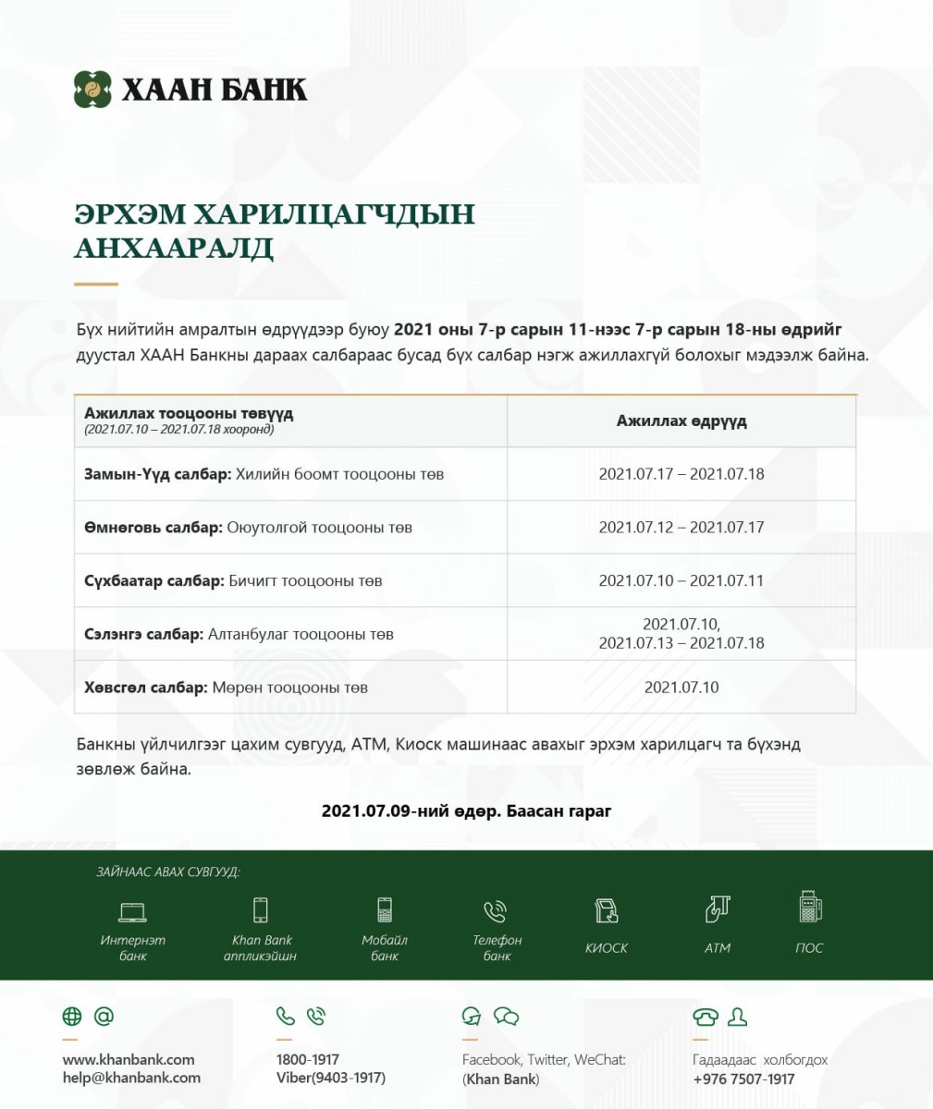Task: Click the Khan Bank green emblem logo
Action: [x=92, y=90]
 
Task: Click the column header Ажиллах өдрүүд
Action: [x=681, y=421]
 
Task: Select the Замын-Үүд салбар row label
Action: [x=157, y=474]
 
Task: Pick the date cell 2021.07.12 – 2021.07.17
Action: [x=681, y=528]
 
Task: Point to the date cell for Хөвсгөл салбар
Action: [x=681, y=688]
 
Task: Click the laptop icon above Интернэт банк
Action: [x=132, y=912]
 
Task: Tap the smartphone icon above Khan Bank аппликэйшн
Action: [x=261, y=910]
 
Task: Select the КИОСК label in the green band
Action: [x=607, y=948]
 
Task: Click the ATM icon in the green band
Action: [x=718, y=909]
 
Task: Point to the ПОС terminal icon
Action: [x=810, y=907]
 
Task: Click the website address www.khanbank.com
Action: [x=129, y=1060]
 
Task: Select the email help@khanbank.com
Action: [x=131, y=1078]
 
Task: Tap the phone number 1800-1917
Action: [x=308, y=1060]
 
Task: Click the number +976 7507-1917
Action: [x=743, y=1079]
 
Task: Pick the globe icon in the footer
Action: [x=72, y=1018]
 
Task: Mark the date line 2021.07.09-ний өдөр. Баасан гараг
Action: [x=466, y=811]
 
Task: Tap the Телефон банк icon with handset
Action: [x=496, y=912]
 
